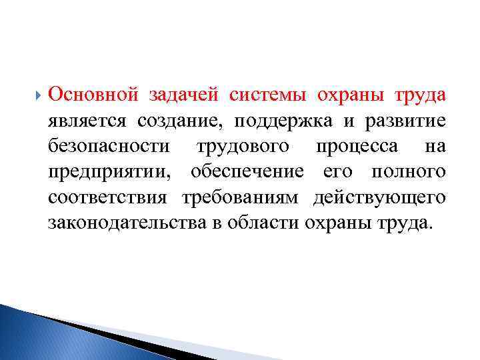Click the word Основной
93,95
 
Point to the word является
88,121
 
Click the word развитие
406,121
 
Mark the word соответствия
109,197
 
